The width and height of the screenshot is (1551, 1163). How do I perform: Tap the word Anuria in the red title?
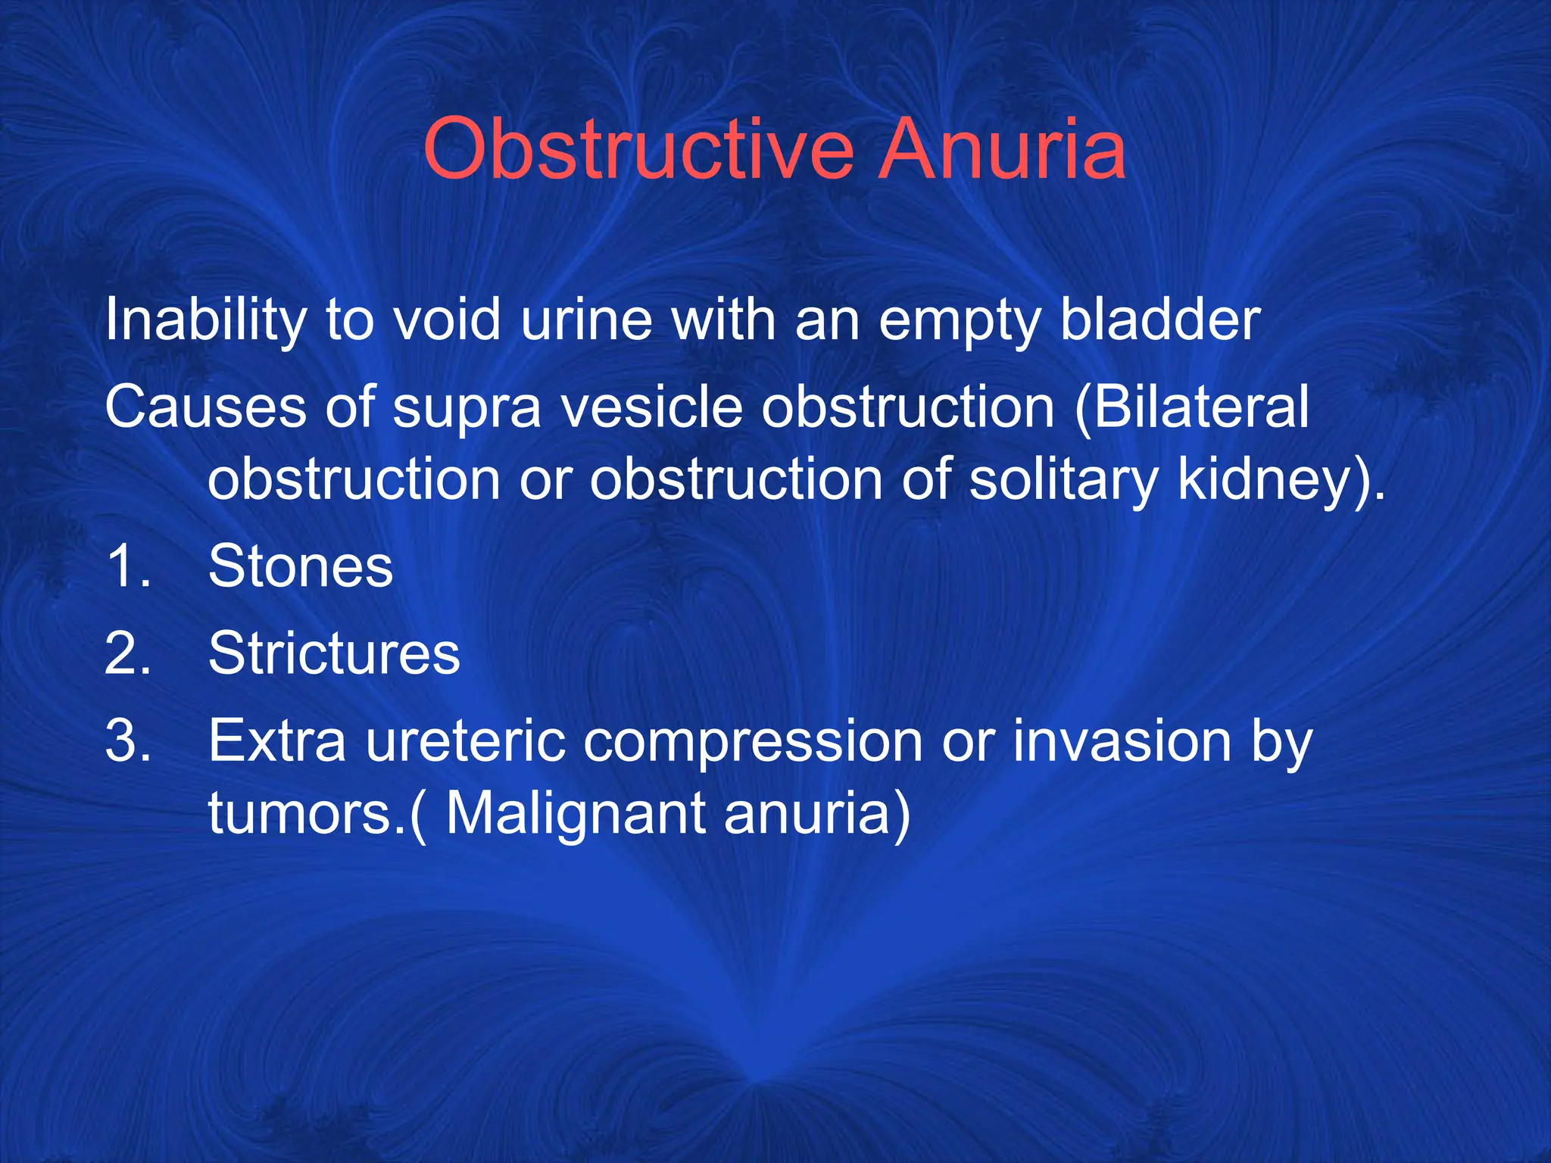(1001, 149)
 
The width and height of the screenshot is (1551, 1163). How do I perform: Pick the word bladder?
(1159, 320)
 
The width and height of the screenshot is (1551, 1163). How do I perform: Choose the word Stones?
(301, 566)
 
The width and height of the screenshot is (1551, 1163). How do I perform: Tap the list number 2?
(127, 653)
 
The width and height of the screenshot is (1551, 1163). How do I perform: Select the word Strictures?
(334, 653)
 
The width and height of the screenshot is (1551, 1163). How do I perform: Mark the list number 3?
(127, 741)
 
